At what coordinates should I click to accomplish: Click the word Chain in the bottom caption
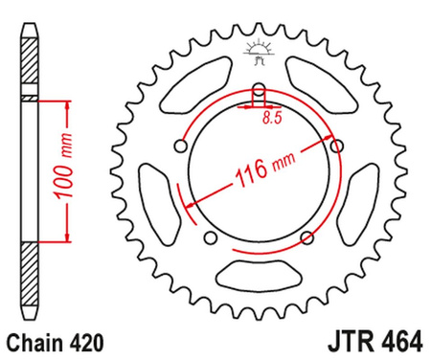coord(34,340)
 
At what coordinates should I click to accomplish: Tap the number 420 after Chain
coord(85,340)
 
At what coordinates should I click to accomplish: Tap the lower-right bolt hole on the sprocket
coord(305,236)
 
